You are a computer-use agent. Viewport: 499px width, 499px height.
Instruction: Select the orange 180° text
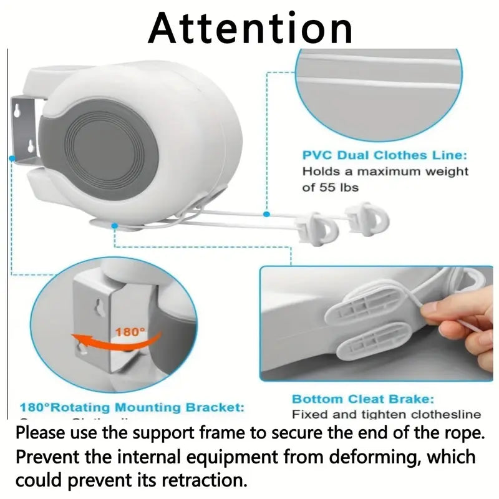click(x=130, y=332)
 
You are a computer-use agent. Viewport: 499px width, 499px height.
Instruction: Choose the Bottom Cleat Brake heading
click(x=362, y=399)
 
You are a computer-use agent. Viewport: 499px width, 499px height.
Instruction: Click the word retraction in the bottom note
click(x=211, y=481)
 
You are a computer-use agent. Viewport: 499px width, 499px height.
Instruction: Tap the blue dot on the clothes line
click(x=266, y=215)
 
